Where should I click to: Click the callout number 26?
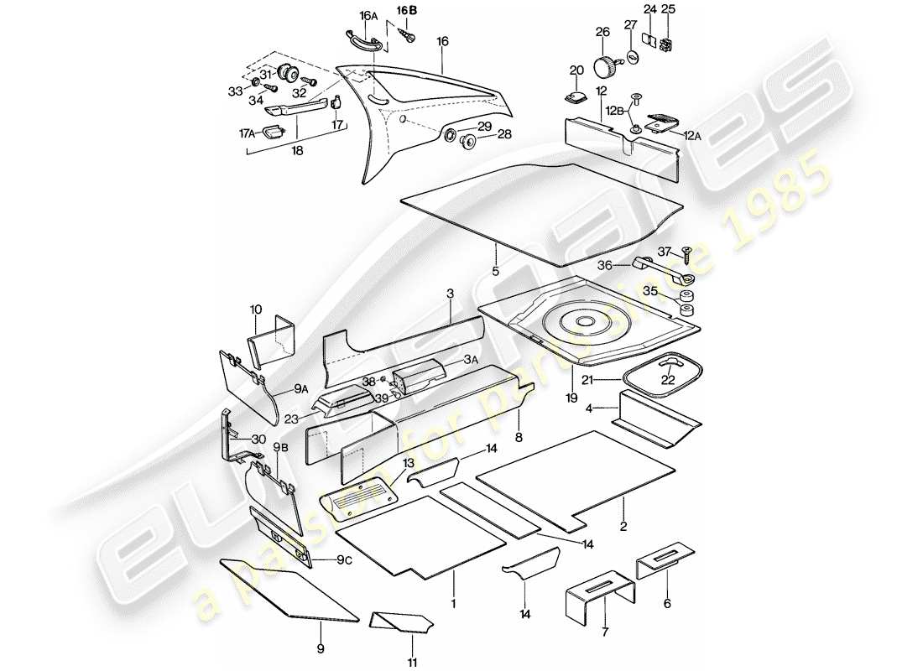(602, 33)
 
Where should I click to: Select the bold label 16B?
(406, 10)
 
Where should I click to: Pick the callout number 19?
(571, 398)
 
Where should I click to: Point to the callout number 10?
(256, 310)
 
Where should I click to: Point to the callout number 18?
(298, 152)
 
